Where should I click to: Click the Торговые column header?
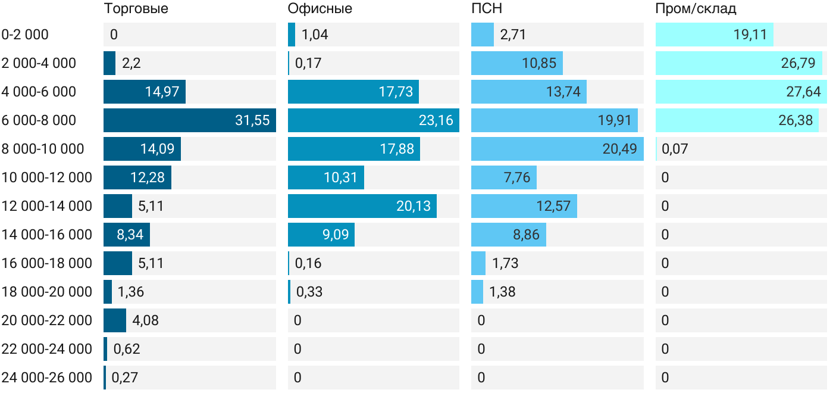(x=136, y=9)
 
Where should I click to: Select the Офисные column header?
(x=320, y=9)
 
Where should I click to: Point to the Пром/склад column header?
(x=696, y=9)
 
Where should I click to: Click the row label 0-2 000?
(x=25, y=35)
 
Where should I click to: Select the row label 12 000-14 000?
(x=47, y=206)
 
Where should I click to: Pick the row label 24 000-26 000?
(x=47, y=378)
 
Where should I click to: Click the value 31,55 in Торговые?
(x=252, y=120)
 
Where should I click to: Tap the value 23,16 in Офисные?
(x=436, y=120)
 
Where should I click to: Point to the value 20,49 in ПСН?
(x=619, y=149)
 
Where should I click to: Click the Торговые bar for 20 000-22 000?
(x=115, y=320)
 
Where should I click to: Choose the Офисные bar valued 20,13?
(x=362, y=206)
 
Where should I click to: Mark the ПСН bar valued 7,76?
(x=503, y=177)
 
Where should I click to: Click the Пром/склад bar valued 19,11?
(x=714, y=35)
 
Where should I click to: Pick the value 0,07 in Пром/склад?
(x=674, y=149)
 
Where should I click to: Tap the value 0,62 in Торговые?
(x=127, y=349)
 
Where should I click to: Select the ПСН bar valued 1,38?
(x=477, y=292)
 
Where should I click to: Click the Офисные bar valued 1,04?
(x=292, y=35)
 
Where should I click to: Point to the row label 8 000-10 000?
(x=43, y=149)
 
